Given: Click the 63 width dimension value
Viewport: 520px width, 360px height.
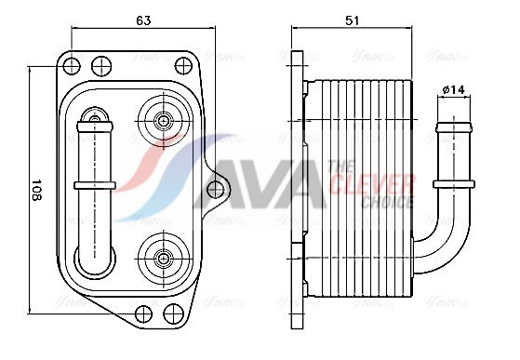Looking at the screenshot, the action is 143,20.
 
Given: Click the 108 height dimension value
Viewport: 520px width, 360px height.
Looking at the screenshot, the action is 36,190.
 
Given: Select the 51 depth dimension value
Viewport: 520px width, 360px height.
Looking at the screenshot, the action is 352,20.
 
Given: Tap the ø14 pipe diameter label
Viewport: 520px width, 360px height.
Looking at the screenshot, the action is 454,89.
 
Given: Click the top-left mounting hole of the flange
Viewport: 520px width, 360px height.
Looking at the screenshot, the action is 72,65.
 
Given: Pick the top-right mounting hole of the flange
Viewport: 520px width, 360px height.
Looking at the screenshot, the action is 183,66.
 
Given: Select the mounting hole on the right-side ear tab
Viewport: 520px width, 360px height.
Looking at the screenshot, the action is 216,189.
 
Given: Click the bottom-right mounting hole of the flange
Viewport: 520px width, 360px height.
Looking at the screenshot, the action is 173,313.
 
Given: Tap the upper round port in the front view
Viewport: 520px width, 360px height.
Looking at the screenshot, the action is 164,121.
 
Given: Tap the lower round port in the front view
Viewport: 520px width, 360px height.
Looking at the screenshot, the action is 164,259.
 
